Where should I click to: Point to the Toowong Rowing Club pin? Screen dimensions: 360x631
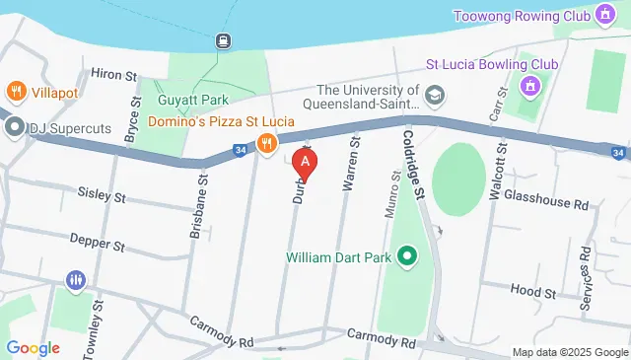[x=604, y=16]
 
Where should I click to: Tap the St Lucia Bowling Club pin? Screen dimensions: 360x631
[x=531, y=87]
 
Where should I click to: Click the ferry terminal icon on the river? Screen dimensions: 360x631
[x=224, y=40]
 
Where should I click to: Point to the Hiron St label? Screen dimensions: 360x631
[x=110, y=73]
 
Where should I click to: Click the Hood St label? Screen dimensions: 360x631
[x=533, y=291]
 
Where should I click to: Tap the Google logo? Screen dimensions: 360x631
[x=33, y=347]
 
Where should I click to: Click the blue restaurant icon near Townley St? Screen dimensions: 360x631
[x=76, y=281]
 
